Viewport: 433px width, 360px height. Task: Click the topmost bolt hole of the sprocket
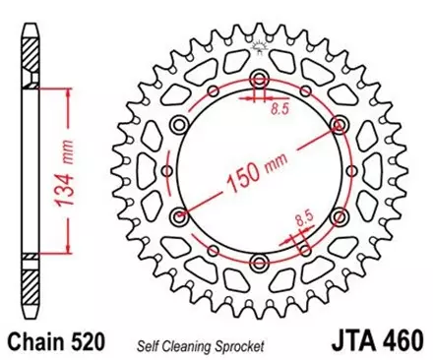coord(259,79)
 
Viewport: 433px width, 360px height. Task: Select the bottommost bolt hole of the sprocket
coord(258,260)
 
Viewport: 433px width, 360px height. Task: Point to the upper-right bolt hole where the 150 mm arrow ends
coord(338,124)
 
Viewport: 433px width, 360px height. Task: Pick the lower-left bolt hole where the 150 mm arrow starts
coord(179,215)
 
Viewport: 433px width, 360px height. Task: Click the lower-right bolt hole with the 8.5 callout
coord(338,215)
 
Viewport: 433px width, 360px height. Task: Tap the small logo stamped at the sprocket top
coord(259,45)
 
